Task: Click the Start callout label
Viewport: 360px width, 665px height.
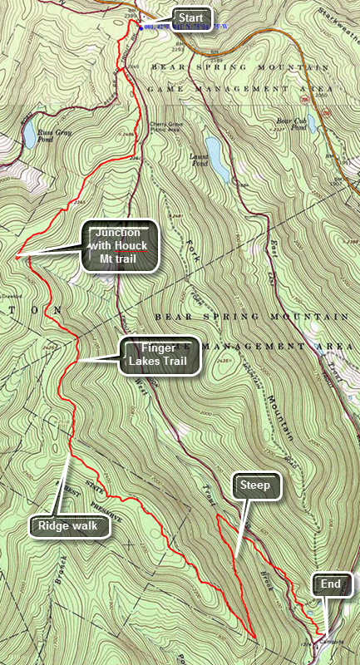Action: [x=191, y=17]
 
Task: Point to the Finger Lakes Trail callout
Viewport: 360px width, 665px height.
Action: [x=160, y=355]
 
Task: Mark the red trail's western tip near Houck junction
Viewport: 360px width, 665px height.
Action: [x=16, y=259]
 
